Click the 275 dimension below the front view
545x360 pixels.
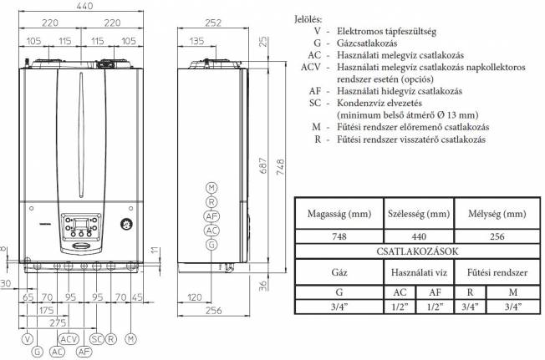(x=56, y=321)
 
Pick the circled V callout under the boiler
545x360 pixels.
(x=28, y=339)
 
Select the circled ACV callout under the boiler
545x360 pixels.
(x=69, y=339)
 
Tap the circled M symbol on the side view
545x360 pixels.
(x=211, y=188)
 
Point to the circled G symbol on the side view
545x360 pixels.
(x=211, y=244)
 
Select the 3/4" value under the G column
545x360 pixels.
(x=339, y=307)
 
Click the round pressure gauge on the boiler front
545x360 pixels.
(x=125, y=224)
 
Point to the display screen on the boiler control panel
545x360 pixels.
(x=76, y=223)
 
